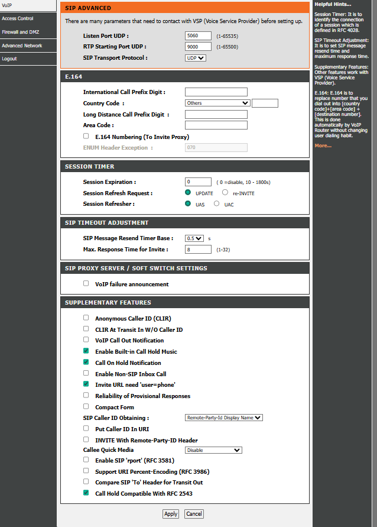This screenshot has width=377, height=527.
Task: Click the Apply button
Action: pos(171,514)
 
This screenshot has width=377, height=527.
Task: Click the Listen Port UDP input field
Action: pos(198,35)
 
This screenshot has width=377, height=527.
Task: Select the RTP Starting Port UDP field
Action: pos(198,47)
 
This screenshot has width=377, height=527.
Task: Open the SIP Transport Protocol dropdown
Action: pos(196,58)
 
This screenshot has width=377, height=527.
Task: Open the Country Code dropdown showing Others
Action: pos(217,103)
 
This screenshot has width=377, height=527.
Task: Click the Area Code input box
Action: pos(216,125)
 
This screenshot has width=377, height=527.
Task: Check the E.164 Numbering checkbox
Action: pos(86,136)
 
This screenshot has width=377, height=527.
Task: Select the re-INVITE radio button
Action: pos(225,193)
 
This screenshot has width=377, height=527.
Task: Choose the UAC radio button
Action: pos(216,203)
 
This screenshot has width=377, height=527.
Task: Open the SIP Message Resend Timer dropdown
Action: pos(194,238)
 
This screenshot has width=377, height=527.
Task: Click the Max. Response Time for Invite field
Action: pos(198,250)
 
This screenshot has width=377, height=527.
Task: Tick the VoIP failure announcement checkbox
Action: pos(86,283)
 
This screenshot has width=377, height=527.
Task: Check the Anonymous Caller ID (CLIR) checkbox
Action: pos(86,318)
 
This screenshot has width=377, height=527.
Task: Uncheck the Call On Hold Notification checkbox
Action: pos(86,362)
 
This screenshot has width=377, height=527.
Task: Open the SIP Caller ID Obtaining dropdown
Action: pos(224,418)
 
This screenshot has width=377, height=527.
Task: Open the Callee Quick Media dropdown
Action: pos(213,450)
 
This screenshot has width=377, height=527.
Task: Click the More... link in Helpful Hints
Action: pos(323,146)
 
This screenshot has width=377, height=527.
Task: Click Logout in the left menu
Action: pos(9,59)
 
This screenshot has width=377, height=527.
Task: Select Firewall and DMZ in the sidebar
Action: pos(21,32)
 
